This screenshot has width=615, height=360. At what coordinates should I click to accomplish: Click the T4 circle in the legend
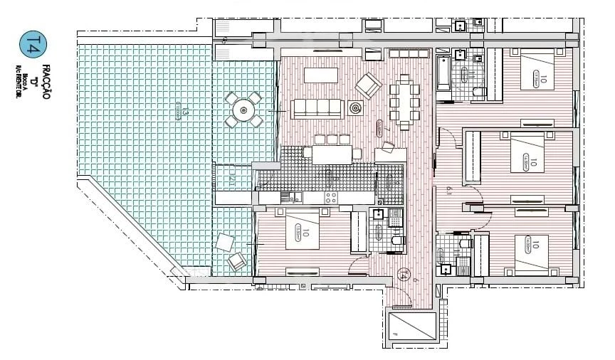[x=29, y=44]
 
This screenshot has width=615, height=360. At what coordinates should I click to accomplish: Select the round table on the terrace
[x=244, y=110]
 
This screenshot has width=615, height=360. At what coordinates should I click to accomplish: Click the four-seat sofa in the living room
[x=317, y=108]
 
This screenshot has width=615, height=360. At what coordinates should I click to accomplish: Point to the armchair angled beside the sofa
[x=368, y=86]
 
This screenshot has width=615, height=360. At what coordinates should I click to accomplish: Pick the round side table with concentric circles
[x=355, y=108]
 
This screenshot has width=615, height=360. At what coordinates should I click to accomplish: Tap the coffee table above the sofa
[x=320, y=75]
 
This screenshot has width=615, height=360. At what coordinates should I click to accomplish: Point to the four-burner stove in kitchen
[x=330, y=197]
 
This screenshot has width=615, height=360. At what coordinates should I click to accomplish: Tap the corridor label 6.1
[x=449, y=190]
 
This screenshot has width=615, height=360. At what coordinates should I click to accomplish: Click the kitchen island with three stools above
[x=332, y=153]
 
